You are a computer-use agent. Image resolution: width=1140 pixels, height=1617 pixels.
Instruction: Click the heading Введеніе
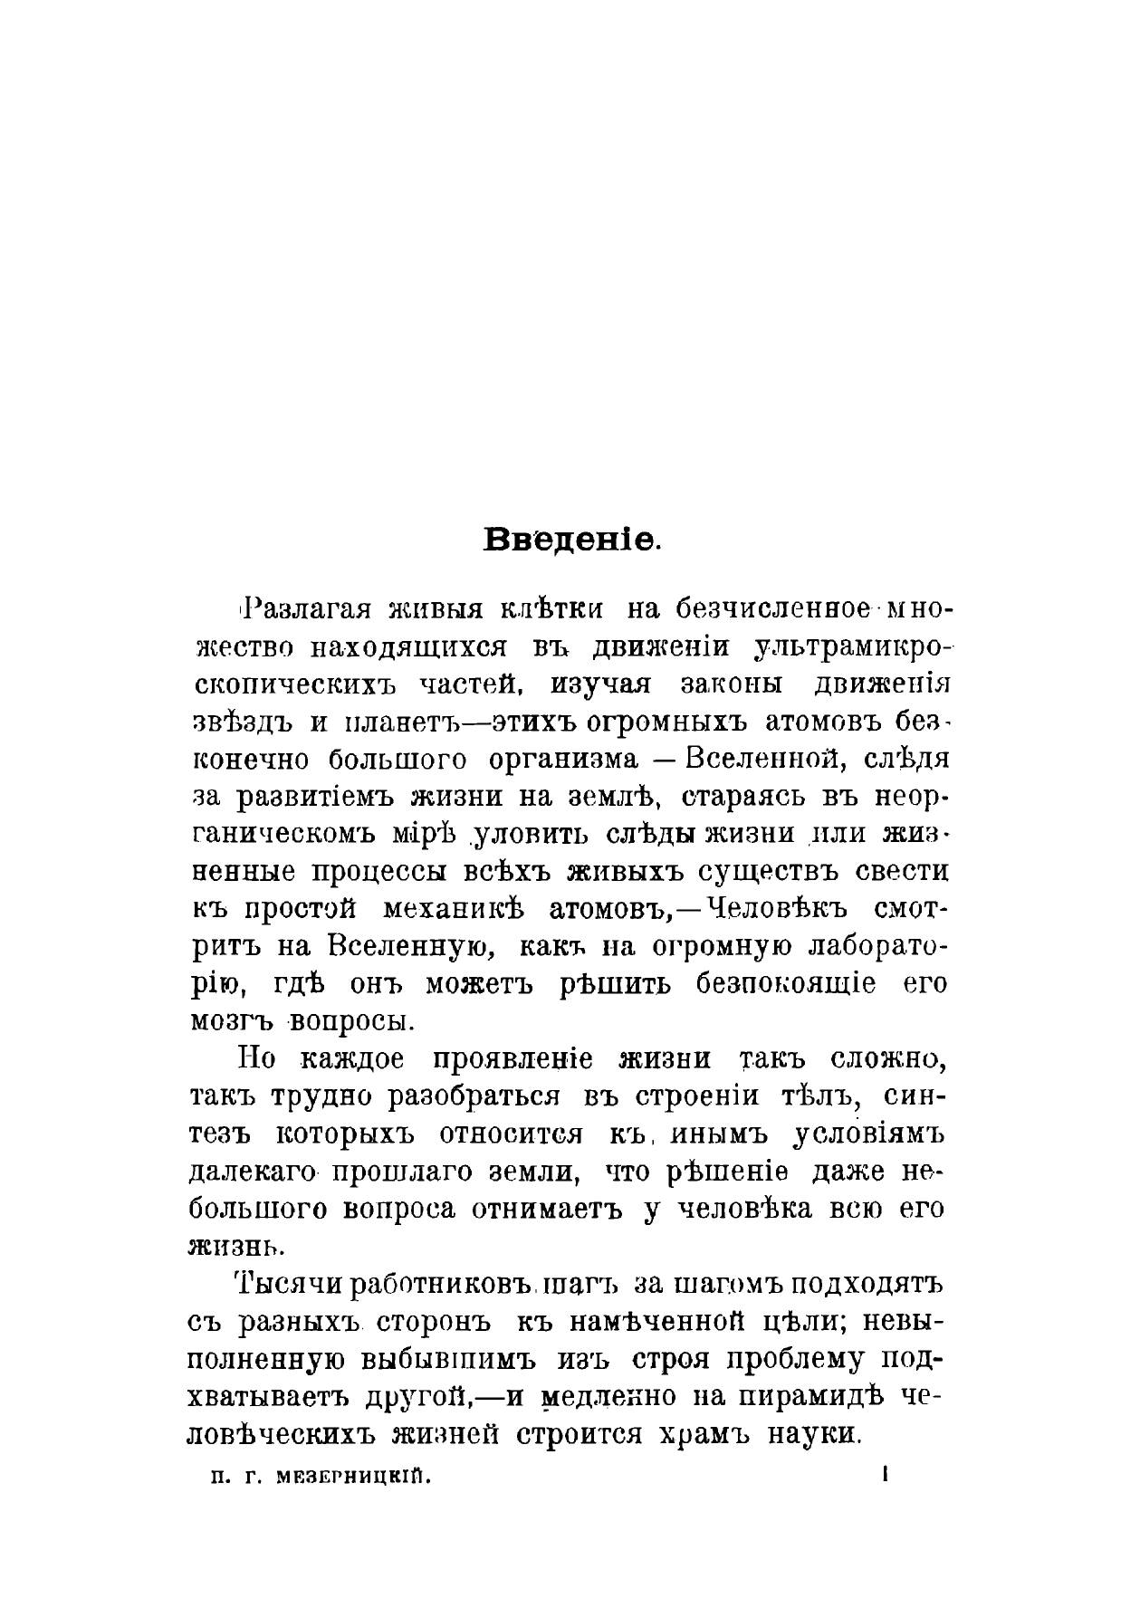[572, 540]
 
